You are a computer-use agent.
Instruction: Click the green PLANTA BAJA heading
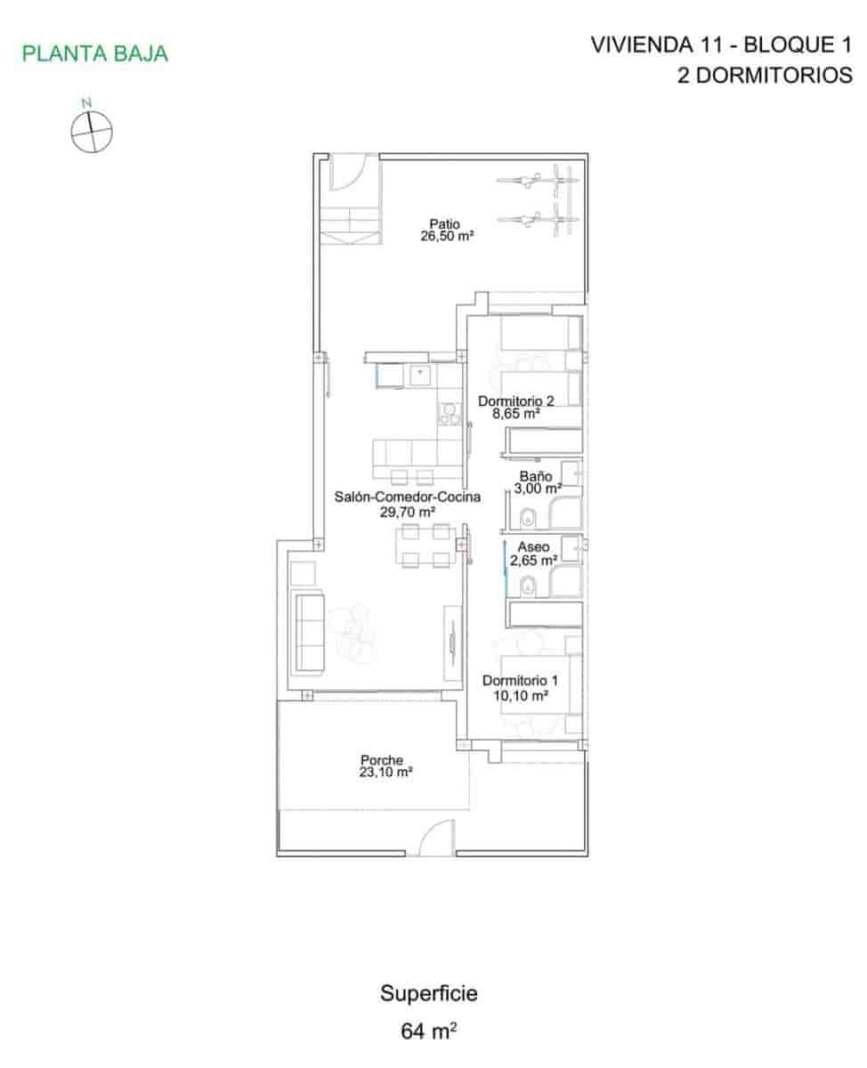point(95,53)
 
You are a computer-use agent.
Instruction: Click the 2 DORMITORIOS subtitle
point(764,76)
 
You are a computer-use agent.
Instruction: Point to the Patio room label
point(444,225)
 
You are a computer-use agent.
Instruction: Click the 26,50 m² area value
point(447,238)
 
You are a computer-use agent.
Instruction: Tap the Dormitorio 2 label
point(516,400)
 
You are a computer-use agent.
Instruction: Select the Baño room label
point(535,475)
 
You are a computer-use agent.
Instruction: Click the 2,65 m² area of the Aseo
point(534,561)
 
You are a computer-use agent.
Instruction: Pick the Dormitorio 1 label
point(520,681)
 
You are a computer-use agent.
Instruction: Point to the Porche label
point(382,760)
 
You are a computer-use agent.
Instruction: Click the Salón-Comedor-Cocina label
point(408,498)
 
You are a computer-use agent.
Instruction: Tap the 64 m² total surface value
point(429,1032)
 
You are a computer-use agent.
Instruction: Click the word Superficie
point(429,993)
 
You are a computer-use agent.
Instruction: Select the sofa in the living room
point(309,633)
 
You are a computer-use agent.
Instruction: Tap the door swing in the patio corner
point(349,172)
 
